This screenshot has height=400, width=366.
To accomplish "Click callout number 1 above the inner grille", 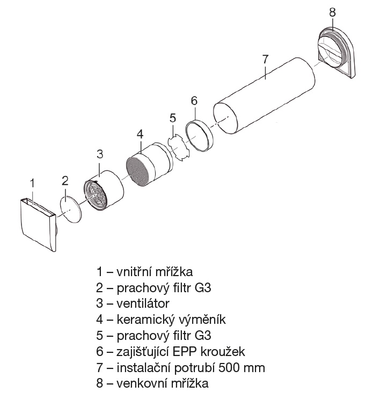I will [32, 182].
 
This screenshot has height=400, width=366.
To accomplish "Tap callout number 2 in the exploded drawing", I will [64, 180].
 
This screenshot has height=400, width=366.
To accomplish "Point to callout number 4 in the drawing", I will [140, 133].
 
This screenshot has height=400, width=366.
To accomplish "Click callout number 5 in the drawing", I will [172, 117].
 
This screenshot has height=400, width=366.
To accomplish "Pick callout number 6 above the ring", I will [194, 100].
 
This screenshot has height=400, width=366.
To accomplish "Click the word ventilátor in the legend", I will [141, 303].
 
